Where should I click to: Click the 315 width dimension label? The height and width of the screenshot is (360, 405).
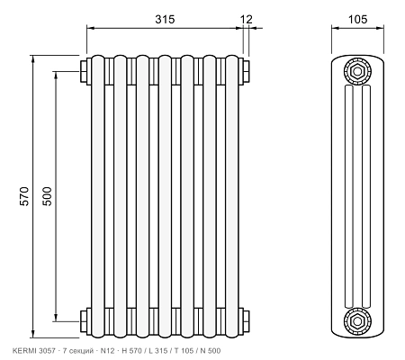[x=165, y=19]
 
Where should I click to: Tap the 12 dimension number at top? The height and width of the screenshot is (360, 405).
[x=247, y=19]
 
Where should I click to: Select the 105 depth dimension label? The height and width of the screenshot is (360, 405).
[x=357, y=19]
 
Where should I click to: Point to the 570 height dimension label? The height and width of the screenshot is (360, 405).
[x=24, y=196]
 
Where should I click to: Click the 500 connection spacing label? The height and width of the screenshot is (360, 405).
[x=47, y=196]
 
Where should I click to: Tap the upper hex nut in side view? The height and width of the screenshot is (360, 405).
[x=357, y=71]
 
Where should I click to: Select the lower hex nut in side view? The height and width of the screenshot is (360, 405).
[x=357, y=321]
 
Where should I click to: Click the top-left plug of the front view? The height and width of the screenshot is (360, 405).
[x=84, y=71]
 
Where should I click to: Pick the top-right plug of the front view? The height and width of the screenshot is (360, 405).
[x=246, y=71]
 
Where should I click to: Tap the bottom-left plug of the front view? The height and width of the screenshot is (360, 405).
[x=84, y=321]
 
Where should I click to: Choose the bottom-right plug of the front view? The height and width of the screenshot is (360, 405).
[x=246, y=321]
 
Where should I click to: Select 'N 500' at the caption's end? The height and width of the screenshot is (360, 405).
[x=211, y=350]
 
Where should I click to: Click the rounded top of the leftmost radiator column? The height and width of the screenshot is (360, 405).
[x=98, y=58]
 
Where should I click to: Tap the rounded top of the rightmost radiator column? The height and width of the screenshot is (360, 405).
[x=232, y=58]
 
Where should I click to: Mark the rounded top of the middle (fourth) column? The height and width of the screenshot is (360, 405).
[x=165, y=58]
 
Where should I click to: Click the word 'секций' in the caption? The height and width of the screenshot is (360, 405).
[x=79, y=350]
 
